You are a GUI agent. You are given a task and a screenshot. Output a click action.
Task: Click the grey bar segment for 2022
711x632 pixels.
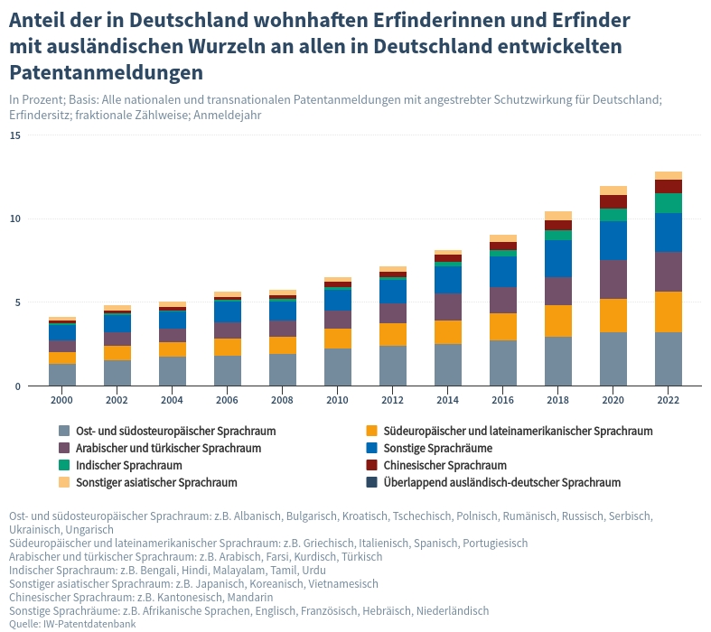pos(669,358)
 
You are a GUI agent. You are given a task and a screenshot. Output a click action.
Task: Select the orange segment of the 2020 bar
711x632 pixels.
pos(613,315)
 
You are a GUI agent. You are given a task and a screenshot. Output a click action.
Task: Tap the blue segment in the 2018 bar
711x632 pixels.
pos(558,258)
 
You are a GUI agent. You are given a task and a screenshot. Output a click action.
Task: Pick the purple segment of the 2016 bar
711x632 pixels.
pos(503,300)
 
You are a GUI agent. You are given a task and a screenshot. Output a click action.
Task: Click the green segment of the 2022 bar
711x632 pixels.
pos(669,203)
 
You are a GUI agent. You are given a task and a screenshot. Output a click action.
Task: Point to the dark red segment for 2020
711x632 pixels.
pos(613,201)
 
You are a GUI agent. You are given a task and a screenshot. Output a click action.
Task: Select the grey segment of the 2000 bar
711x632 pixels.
pos(62,375)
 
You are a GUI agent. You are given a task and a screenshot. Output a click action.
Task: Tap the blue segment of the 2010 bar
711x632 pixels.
pos(338,300)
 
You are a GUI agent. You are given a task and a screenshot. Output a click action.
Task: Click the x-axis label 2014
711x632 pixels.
pos(448,399)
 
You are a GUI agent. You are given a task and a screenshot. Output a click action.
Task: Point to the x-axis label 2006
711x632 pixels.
pos(228,399)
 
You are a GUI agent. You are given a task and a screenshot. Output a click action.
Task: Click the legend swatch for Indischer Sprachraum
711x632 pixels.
pos(64,465)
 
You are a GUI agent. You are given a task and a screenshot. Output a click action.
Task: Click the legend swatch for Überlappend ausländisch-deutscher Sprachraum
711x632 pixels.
pos(371,482)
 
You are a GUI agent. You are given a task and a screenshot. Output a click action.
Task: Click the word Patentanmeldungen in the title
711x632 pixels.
pos(106,71)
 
